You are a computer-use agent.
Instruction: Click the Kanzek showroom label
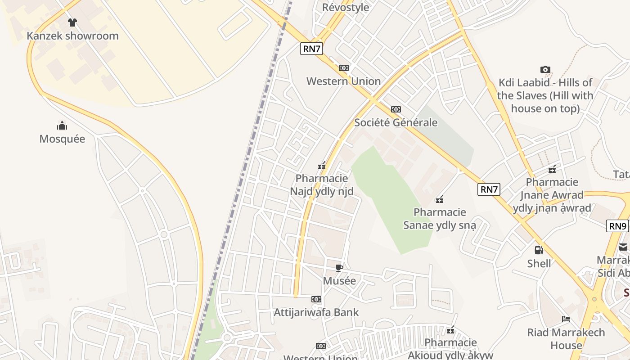[x=72, y=36]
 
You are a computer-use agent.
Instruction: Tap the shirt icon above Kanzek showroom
[x=72, y=22]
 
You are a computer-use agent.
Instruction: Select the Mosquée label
[x=62, y=139]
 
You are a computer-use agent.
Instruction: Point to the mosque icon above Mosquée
[x=62, y=126]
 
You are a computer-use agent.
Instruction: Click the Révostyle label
[x=346, y=7]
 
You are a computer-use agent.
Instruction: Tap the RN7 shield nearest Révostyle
[x=312, y=49]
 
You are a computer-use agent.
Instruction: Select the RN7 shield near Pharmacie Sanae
[x=489, y=189]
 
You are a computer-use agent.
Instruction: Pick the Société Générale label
[x=396, y=122]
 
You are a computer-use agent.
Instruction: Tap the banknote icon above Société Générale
[x=396, y=109]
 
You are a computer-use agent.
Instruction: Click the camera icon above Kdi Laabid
[x=545, y=69]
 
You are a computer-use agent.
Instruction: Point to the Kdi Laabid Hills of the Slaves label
[x=545, y=95]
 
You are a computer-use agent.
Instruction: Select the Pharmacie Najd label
[x=322, y=185]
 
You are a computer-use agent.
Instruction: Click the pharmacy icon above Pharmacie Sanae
[x=440, y=199]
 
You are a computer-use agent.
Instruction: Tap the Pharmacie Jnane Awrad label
[x=552, y=195]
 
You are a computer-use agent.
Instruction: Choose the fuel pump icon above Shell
[x=539, y=250]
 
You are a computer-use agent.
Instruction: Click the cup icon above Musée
[x=339, y=268]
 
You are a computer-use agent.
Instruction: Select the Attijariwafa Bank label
[x=316, y=312]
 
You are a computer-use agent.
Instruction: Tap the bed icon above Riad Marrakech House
[x=566, y=319]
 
